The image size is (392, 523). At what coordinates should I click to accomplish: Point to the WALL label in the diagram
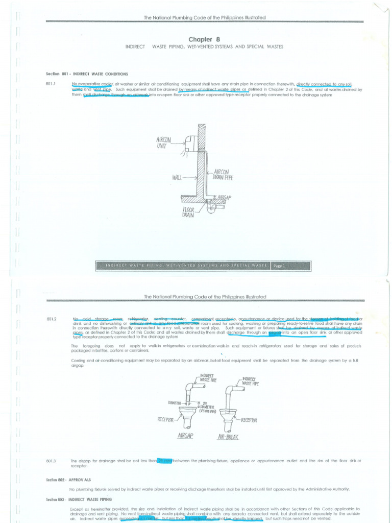coord(179,178)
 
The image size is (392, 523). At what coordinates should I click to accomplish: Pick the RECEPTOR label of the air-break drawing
coord(247,420)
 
